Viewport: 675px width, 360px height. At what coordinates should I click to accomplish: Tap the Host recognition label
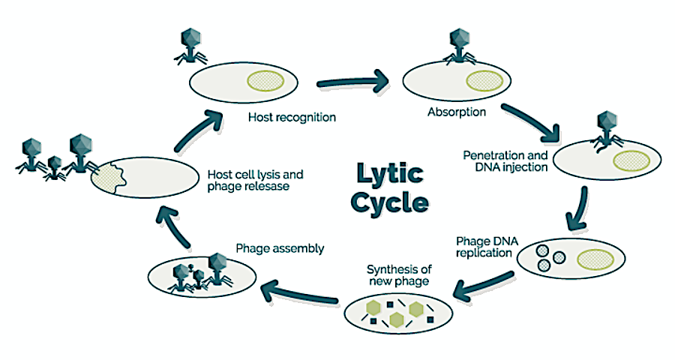point(291,118)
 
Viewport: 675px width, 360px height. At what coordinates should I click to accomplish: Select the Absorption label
point(457,112)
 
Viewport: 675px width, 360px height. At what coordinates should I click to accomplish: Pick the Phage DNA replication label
point(484,247)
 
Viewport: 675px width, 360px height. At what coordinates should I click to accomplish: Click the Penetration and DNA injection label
point(506,160)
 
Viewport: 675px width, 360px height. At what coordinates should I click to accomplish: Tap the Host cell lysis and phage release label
point(247,181)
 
